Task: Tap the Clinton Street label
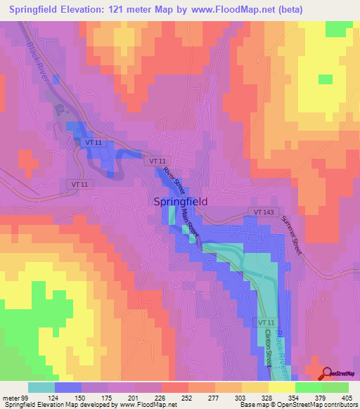269,346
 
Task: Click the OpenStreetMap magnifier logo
328,373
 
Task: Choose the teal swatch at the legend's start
41,387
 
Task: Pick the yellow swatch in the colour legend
281,387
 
